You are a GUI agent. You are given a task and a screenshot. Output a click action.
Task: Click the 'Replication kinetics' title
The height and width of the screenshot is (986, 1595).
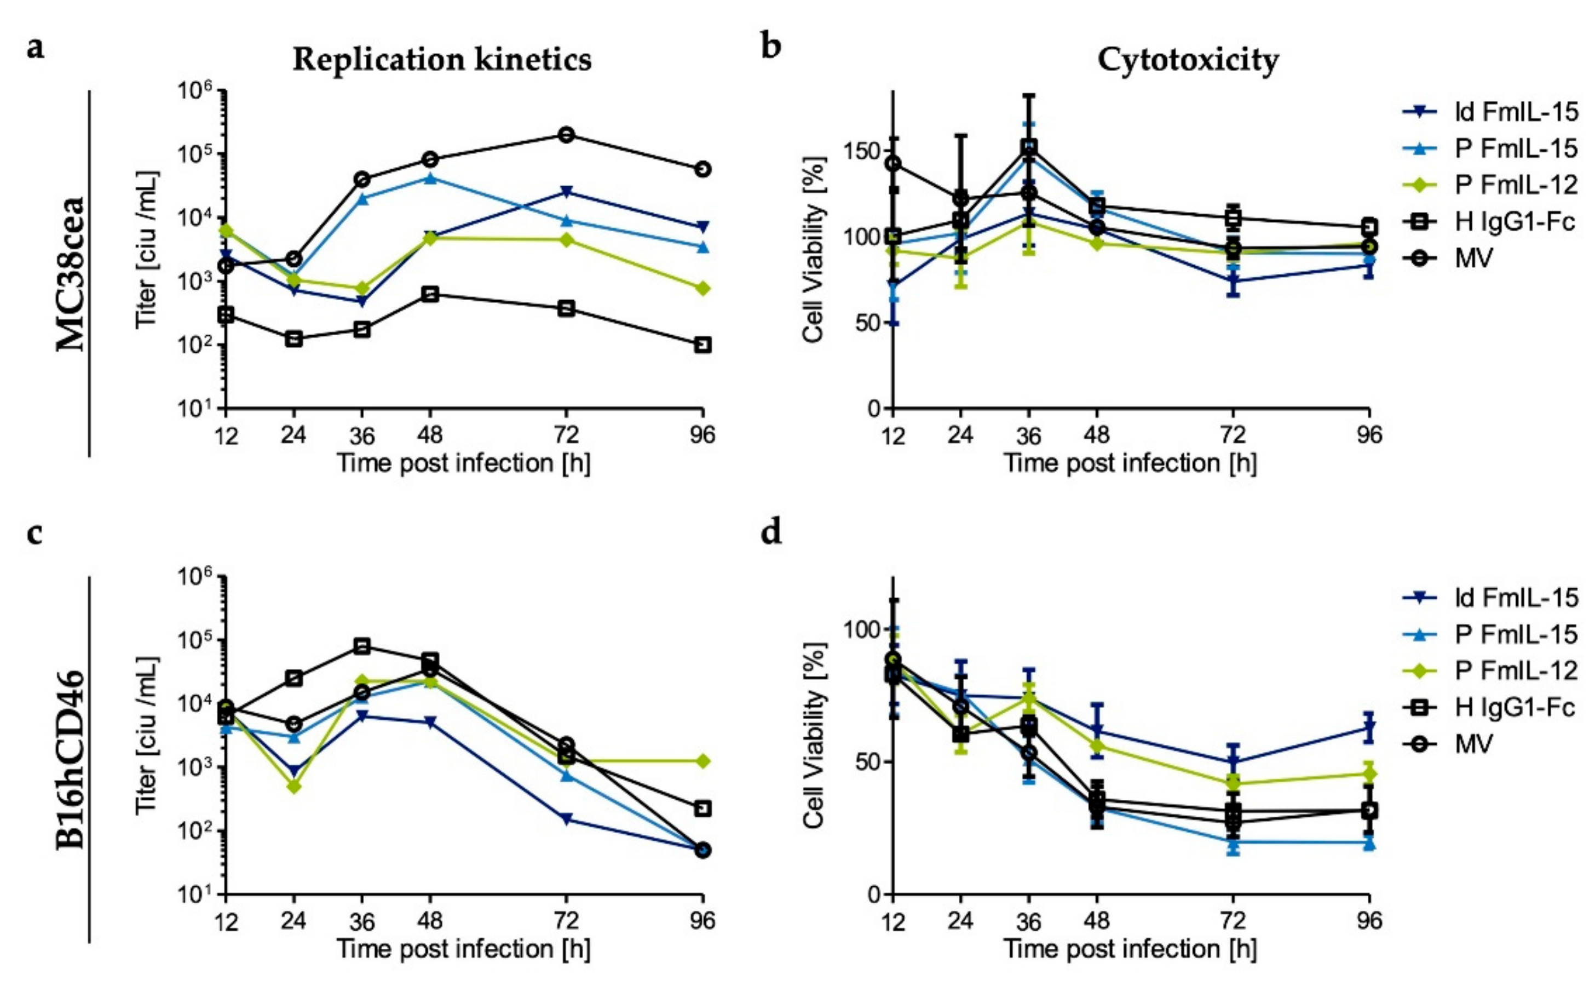coord(442,60)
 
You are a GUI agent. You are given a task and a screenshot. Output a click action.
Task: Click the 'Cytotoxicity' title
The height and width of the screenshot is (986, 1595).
coord(1188,60)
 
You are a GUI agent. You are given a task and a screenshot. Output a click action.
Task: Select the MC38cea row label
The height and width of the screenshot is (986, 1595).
coord(71,274)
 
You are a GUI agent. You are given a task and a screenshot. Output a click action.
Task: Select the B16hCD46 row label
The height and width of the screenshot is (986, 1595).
coord(71,760)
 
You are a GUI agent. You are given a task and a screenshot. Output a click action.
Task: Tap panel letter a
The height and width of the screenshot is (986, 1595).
coord(36,48)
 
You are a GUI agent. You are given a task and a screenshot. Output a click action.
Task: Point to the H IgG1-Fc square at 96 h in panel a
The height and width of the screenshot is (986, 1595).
coord(702,345)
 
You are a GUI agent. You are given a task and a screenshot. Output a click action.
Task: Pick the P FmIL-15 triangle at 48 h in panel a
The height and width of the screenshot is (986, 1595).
coord(429,178)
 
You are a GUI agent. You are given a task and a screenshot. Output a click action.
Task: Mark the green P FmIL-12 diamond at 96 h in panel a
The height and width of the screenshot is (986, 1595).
coord(702,288)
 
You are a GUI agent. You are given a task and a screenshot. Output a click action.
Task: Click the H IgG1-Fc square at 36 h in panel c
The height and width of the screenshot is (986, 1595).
coord(362,646)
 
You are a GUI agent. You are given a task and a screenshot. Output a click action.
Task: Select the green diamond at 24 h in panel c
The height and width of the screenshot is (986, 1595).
coord(294,787)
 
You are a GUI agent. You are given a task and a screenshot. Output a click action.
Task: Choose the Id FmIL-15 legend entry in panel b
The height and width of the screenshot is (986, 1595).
coord(1516,112)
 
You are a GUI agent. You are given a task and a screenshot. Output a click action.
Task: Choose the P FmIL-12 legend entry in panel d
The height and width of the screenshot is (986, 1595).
coord(1516,671)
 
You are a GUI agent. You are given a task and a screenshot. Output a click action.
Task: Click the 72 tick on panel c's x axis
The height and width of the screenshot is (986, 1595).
coord(566,921)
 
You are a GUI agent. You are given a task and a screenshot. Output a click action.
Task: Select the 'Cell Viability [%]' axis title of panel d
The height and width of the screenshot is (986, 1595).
coord(814,736)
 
